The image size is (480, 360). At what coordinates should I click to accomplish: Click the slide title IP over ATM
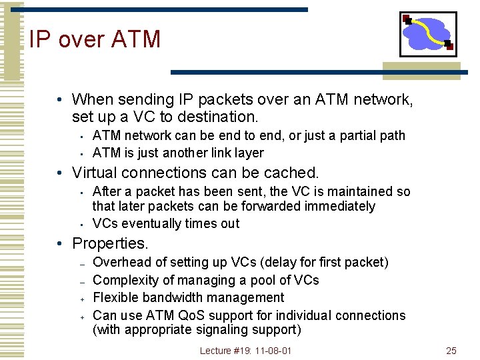(95, 39)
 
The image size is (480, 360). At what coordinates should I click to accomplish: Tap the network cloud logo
(428, 33)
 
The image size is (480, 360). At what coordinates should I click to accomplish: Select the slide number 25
(451, 351)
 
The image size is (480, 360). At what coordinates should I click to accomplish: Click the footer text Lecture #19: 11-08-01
(245, 351)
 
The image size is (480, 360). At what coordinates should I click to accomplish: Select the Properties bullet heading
(109, 243)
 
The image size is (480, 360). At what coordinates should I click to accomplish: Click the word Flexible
(114, 297)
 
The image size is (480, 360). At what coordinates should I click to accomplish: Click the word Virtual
(95, 173)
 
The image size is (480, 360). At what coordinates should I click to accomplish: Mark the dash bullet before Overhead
(80, 263)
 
